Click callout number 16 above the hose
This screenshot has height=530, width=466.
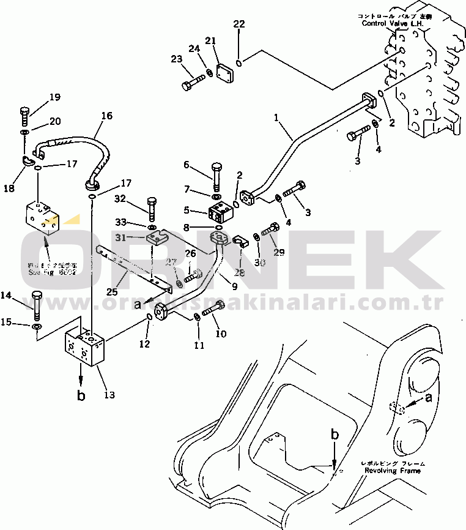coord(106,115)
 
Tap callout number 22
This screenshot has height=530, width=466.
coord(239,24)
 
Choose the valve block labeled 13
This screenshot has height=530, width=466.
coord(87,348)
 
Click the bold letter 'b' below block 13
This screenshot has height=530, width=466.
coord(81,395)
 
